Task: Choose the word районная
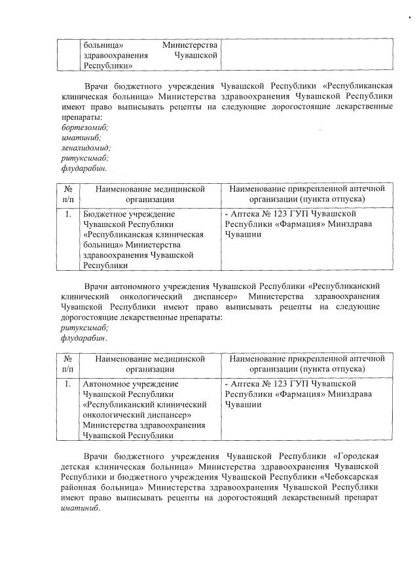pos(80,489)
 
